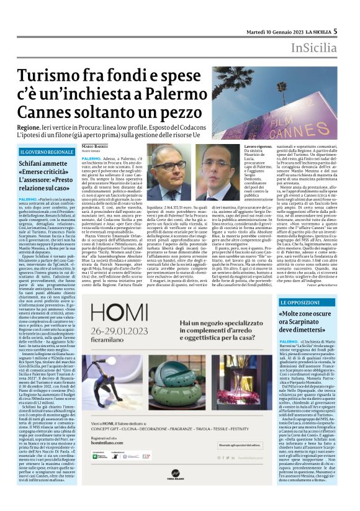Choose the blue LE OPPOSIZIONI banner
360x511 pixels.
click(x=302, y=302)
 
